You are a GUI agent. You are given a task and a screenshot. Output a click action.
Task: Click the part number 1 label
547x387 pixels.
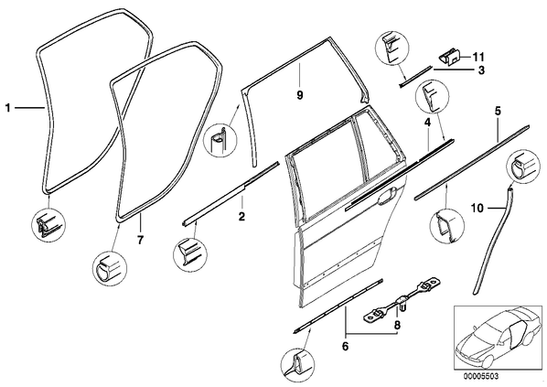point(7,108)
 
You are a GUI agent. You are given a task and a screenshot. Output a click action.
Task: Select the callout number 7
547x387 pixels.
point(140,240)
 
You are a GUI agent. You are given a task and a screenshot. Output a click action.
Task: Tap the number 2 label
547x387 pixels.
point(241,217)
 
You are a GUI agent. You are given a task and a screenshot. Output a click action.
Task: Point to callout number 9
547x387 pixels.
point(300,95)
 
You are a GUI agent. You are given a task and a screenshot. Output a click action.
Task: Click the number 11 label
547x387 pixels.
point(478,57)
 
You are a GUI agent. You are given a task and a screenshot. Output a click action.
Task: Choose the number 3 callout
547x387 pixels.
point(481,70)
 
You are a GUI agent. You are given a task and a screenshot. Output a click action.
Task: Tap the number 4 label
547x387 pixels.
point(427,122)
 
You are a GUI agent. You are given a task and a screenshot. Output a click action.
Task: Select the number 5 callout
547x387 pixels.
point(498,112)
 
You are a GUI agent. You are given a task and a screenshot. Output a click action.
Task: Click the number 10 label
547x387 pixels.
point(477,209)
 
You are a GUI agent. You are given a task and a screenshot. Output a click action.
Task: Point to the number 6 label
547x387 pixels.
point(345,346)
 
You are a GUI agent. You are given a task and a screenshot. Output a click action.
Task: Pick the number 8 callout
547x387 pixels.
point(397,325)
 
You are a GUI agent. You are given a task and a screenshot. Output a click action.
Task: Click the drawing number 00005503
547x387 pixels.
point(481,376)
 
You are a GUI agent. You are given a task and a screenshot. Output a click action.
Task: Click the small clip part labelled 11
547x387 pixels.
point(450,58)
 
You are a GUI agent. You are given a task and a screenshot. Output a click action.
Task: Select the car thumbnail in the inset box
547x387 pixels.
point(496,338)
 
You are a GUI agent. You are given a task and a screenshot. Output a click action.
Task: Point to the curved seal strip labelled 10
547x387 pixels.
point(493,241)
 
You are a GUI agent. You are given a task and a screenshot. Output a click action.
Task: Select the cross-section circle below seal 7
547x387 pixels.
point(110,268)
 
